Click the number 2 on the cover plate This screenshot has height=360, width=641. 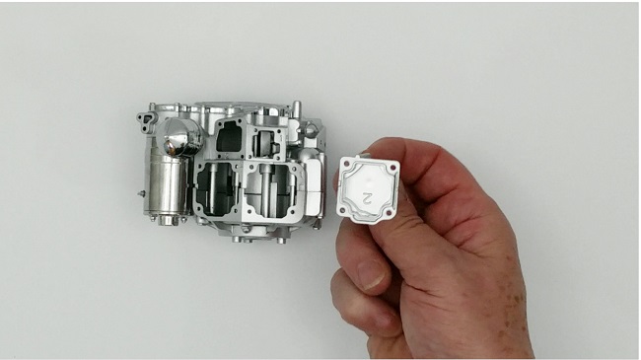click(367, 198)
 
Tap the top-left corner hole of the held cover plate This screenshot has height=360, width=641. click(347, 164)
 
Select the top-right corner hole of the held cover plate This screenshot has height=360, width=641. click(393, 168)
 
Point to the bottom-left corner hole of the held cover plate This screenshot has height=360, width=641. click(342, 210)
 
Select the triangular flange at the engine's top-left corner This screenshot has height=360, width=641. click(146, 121)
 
